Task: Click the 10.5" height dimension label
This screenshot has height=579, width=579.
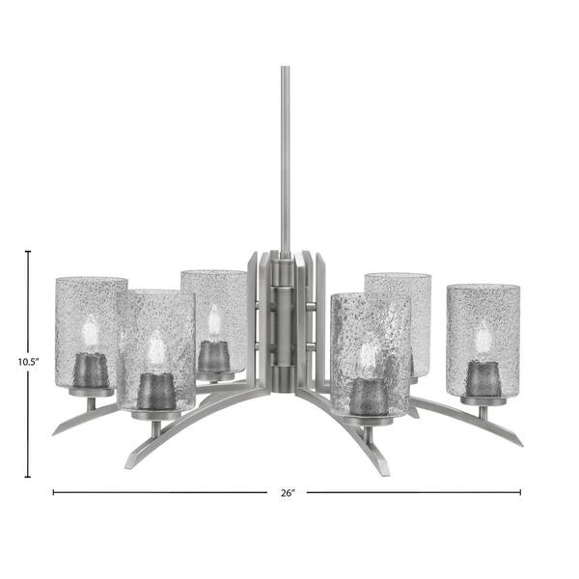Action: pyautogui.click(x=28, y=362)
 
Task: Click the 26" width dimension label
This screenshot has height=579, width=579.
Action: pyautogui.click(x=288, y=492)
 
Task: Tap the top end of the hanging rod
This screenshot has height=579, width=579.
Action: pyautogui.click(x=285, y=68)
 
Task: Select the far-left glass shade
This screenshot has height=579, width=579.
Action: pyautogui.click(x=89, y=332)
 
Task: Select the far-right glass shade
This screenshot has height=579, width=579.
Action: pyautogui.click(x=483, y=341)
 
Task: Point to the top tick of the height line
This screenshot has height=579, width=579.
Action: pyautogui.click(x=28, y=252)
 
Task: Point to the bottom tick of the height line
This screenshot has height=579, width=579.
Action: pyautogui.click(x=28, y=477)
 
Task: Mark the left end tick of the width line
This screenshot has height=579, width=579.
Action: pyautogui.click(x=53, y=492)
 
